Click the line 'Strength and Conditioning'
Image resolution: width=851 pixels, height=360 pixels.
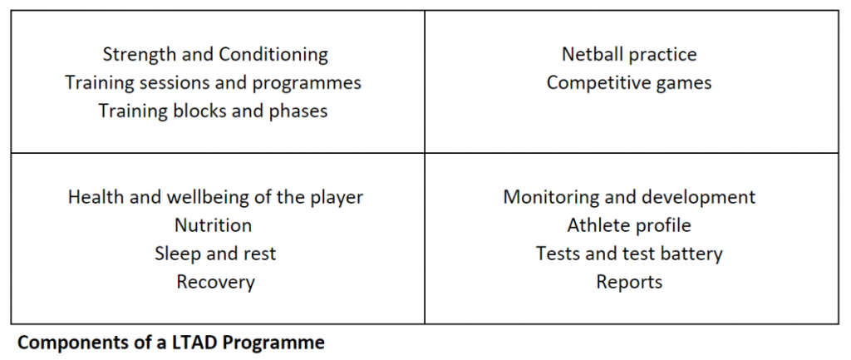pos(214,55)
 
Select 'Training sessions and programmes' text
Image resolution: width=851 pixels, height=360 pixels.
pos(214,83)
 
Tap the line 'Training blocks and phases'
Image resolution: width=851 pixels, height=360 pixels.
pos(213,111)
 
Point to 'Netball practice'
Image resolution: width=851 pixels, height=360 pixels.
pos(629,55)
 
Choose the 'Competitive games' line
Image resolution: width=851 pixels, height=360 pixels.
pos(629,83)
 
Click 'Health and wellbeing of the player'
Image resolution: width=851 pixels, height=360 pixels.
pos(215,198)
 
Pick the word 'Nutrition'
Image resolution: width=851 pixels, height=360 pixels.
pos(213,225)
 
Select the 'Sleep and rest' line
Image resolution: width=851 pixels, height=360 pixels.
pos(215,254)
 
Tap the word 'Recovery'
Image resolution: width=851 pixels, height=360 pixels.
pos(215,282)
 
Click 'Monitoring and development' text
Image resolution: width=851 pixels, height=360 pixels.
pos(629,198)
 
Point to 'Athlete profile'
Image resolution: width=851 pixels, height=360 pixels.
pos(629,225)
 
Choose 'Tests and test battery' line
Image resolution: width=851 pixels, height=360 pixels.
pos(629,254)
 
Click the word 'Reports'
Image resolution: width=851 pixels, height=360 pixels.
pos(629,282)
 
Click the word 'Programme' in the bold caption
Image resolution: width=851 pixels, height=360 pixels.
pos(278,343)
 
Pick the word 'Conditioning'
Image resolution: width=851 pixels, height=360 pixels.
pos(273,55)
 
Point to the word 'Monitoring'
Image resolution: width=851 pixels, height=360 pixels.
pos(547,198)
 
